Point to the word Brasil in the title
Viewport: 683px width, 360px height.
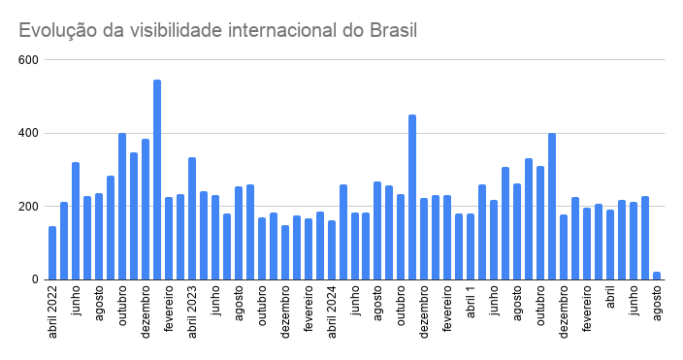click(x=393, y=30)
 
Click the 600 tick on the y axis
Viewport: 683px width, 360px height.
click(x=28, y=60)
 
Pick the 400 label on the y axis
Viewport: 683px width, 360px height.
click(x=28, y=133)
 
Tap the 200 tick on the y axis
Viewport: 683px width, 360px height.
click(x=28, y=206)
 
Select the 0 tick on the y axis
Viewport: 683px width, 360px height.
click(x=35, y=279)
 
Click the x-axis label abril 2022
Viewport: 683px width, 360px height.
click(x=52, y=311)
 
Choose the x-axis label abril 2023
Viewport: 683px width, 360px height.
click(x=192, y=311)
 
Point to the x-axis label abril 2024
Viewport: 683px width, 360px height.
click(x=332, y=311)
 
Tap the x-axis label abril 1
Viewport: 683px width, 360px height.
click(x=471, y=302)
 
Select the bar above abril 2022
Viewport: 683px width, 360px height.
click(x=52, y=253)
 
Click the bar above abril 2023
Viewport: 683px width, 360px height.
click(x=192, y=218)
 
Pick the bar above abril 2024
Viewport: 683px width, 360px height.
click(x=332, y=250)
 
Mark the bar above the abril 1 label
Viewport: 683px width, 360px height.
click(x=471, y=246)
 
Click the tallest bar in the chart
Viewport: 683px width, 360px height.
click(x=157, y=180)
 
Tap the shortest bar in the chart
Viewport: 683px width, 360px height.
click(x=657, y=276)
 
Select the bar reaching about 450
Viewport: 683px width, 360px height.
click(x=412, y=197)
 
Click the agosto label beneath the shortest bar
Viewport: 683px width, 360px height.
click(x=657, y=303)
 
